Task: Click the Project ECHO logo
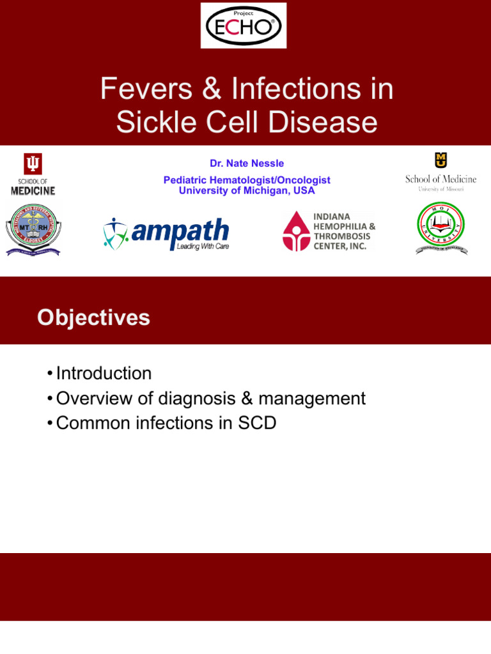244,25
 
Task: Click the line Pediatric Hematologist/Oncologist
247,181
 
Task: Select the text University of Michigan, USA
247,191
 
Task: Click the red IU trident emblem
33,164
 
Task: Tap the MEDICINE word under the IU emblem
33,191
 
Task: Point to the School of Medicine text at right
440,179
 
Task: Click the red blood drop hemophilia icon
296,231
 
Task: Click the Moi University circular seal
440,229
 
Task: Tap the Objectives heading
93,317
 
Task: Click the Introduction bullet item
104,373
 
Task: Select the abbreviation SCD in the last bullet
257,423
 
